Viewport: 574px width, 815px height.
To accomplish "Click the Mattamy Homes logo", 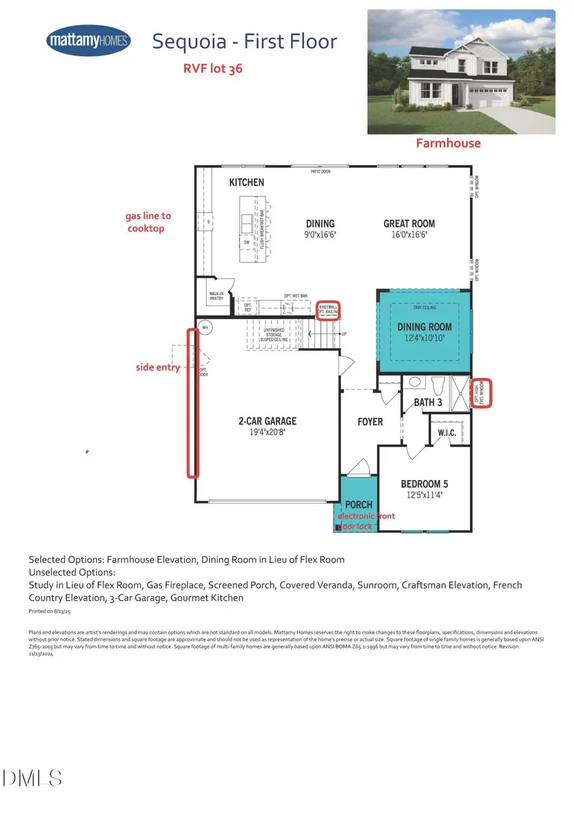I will point(88,41).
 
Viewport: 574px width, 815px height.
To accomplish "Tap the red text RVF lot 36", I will point(212,68).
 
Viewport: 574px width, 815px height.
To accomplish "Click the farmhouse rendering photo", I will point(460,71).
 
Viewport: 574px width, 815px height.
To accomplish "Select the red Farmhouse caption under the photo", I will point(448,143).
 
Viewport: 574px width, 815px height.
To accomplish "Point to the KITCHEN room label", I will point(246,183).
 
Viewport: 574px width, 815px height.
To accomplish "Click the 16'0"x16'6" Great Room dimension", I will point(409,234).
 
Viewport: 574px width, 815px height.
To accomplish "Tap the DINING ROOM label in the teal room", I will point(424,327).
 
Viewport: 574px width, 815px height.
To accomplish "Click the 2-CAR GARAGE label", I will point(267,421).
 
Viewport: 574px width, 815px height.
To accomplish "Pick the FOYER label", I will point(370,422).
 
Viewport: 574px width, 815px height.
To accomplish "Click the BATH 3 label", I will point(427,402).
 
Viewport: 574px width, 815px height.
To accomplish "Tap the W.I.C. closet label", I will point(446,433).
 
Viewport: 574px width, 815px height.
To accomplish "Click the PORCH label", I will point(358,504).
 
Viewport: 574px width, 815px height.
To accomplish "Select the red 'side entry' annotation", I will point(158,367).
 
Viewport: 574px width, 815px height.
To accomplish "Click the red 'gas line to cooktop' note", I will point(148,222).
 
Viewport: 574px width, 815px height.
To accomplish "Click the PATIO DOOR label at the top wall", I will point(320,171).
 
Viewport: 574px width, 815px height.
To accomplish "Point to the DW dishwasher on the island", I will point(246,243).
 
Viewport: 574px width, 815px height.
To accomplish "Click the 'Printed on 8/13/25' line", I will point(50,611).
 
